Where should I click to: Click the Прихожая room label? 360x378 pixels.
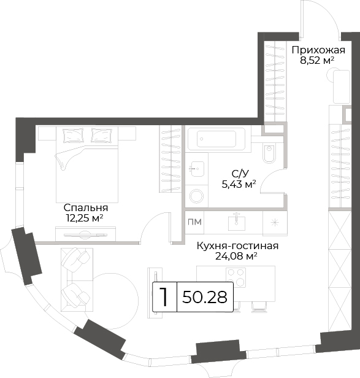point(318,50)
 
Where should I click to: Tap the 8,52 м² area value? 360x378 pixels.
point(317,60)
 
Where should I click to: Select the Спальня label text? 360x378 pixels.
point(86,207)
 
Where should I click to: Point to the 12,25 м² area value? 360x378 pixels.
point(85,218)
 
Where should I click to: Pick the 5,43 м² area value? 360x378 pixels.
point(239,185)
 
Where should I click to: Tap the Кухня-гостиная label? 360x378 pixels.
point(237,246)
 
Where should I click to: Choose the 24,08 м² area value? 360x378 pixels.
point(236,256)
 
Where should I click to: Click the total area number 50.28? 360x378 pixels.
point(205,297)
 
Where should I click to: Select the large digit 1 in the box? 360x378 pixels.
point(164,297)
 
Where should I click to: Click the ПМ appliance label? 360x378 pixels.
point(194,222)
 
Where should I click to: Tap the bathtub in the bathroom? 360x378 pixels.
point(216,139)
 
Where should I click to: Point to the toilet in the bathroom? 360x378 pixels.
point(269,153)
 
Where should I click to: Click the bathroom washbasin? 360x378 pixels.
point(197,168)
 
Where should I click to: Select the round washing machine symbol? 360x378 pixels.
point(196,196)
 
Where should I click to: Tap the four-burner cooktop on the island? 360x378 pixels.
point(236,277)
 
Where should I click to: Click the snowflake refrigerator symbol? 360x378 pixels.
point(275,223)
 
